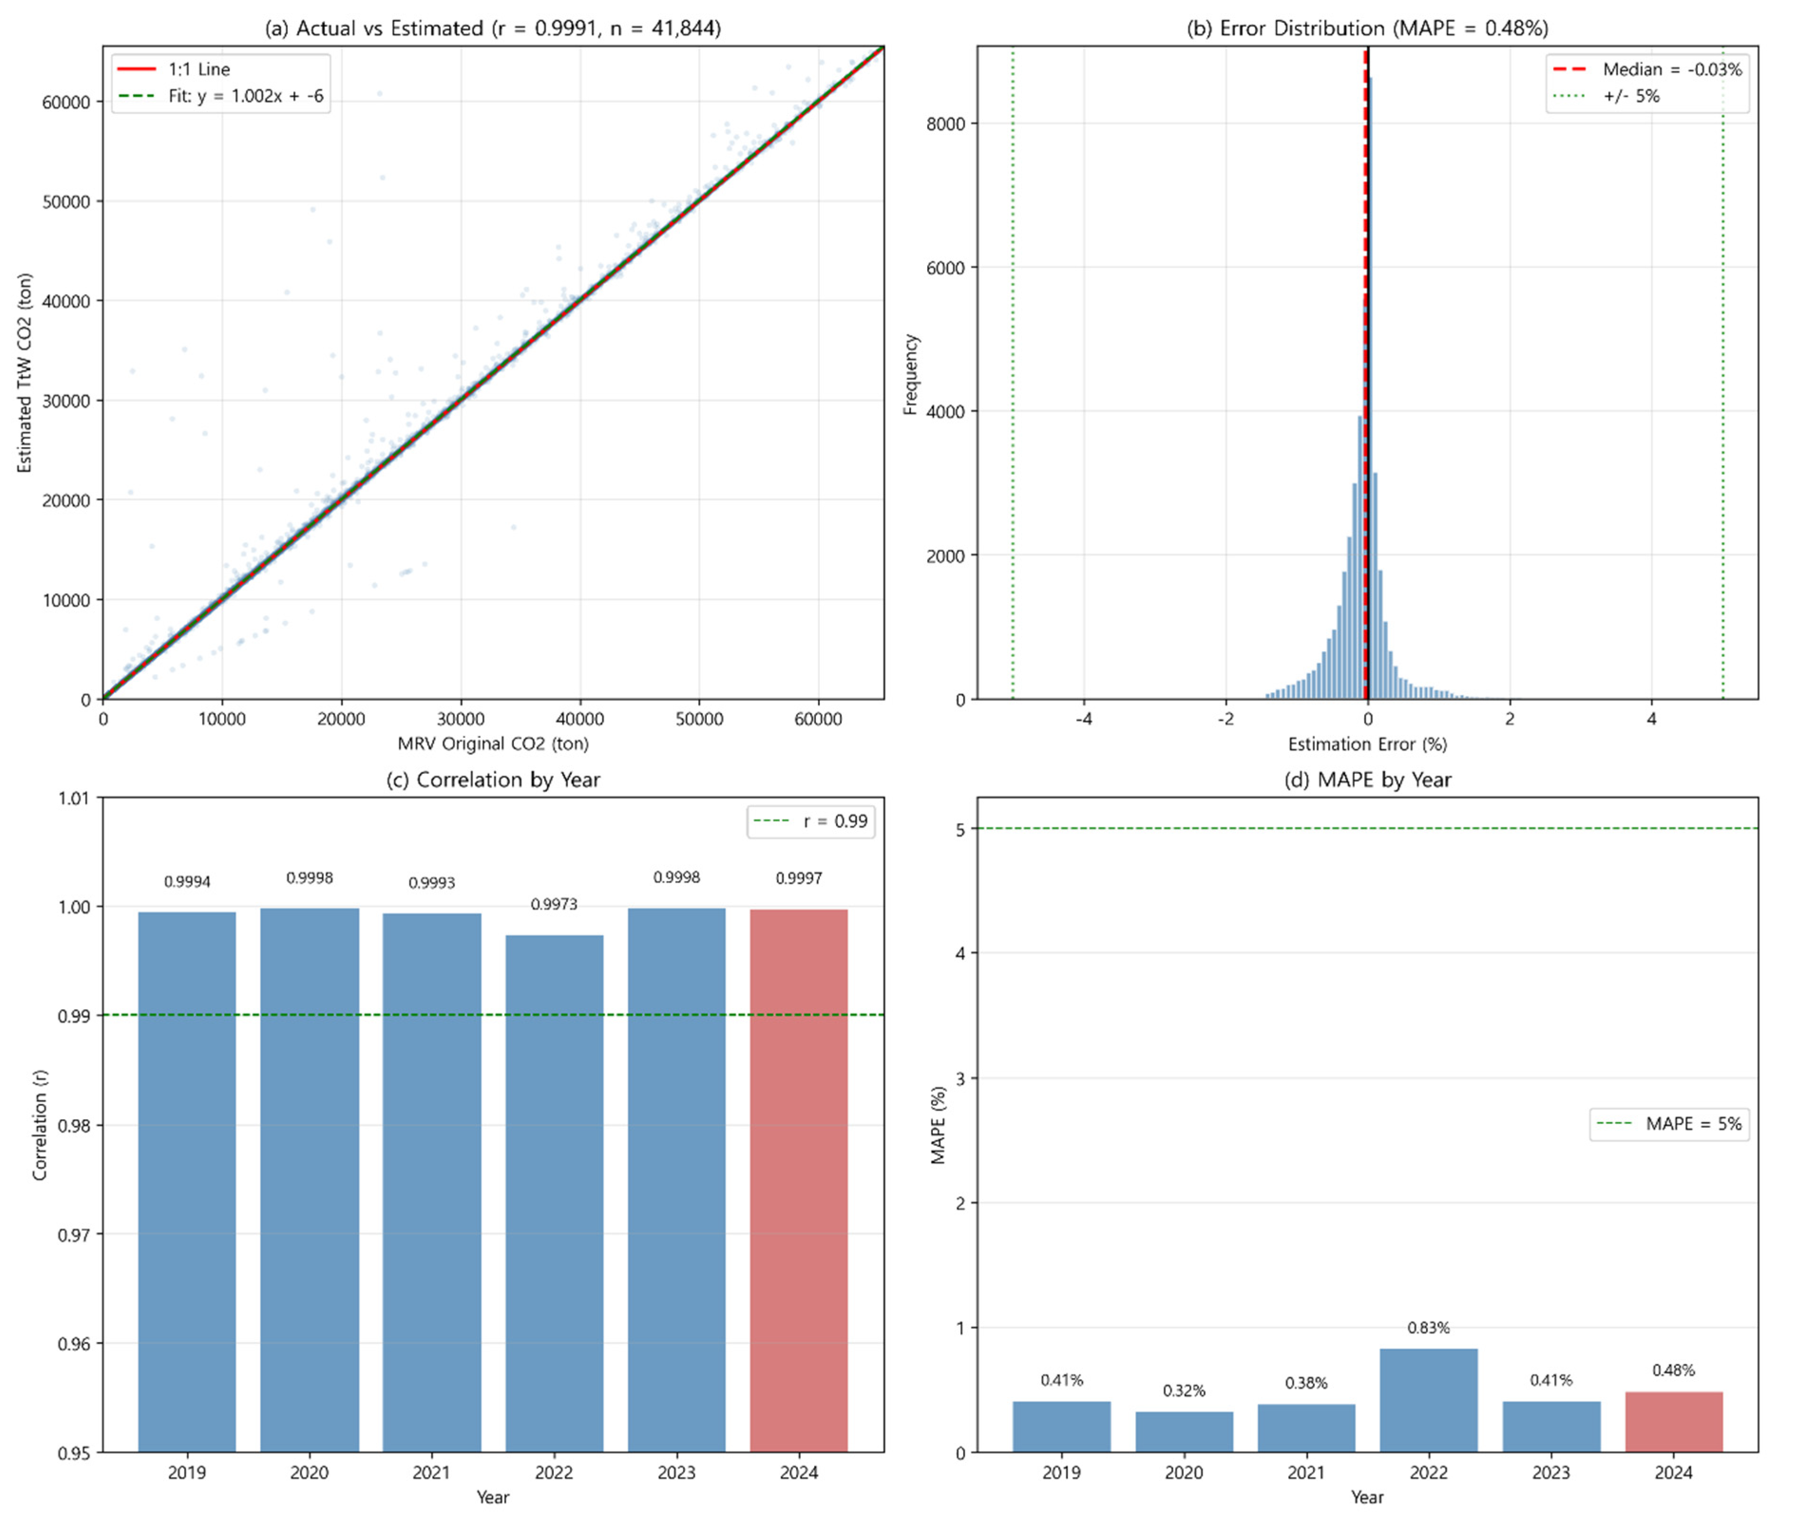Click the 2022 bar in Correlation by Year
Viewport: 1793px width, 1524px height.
coord(554,1192)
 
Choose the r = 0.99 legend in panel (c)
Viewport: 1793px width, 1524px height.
coord(810,821)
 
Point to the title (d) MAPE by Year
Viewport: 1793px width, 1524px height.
coord(1367,779)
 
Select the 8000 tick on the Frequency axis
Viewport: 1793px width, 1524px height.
coord(945,124)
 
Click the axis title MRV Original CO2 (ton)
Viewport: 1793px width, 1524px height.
coord(492,743)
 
